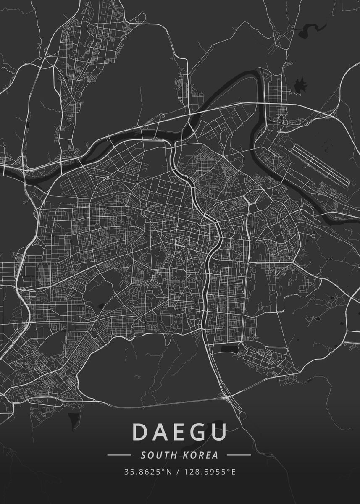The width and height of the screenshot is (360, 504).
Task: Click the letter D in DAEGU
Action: tap(140, 432)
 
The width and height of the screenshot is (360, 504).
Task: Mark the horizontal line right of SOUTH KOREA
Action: tap(239, 455)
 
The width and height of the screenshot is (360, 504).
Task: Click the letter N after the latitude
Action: tap(169, 472)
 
